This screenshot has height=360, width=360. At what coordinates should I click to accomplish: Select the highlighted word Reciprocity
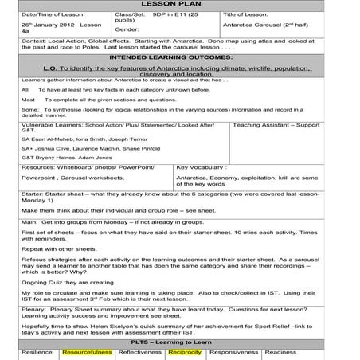coord(185,351)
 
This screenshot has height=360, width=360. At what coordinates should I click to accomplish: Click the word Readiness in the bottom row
coord(280,351)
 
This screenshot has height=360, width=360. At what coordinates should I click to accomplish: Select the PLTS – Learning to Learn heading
coord(181,340)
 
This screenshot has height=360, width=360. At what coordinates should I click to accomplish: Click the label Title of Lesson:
coord(247,15)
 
